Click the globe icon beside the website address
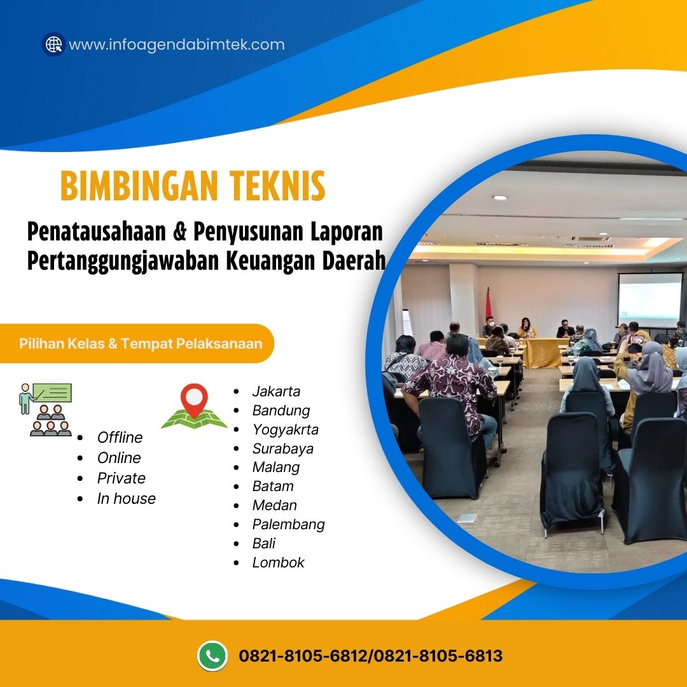tap(53, 45)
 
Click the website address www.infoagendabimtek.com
tap(176, 45)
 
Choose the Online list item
tap(119, 458)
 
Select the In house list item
tap(126, 499)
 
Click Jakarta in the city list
tap(276, 391)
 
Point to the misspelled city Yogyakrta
tap(285, 429)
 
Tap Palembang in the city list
tap(288, 524)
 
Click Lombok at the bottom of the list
tap(278, 562)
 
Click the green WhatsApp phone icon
tap(212, 655)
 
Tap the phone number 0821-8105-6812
tap(303, 655)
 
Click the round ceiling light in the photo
tap(500, 197)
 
